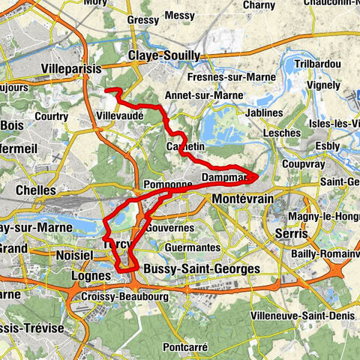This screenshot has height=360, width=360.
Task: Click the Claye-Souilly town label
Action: tap(164, 55)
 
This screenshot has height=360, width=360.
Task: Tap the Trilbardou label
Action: tap(319, 64)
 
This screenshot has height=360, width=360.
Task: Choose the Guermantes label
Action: tap(193, 247)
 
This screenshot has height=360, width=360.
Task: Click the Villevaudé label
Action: tap(120, 117)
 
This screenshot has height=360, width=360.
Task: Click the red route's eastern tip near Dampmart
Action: tap(256, 176)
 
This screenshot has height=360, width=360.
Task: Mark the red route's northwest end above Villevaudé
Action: tap(106, 91)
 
